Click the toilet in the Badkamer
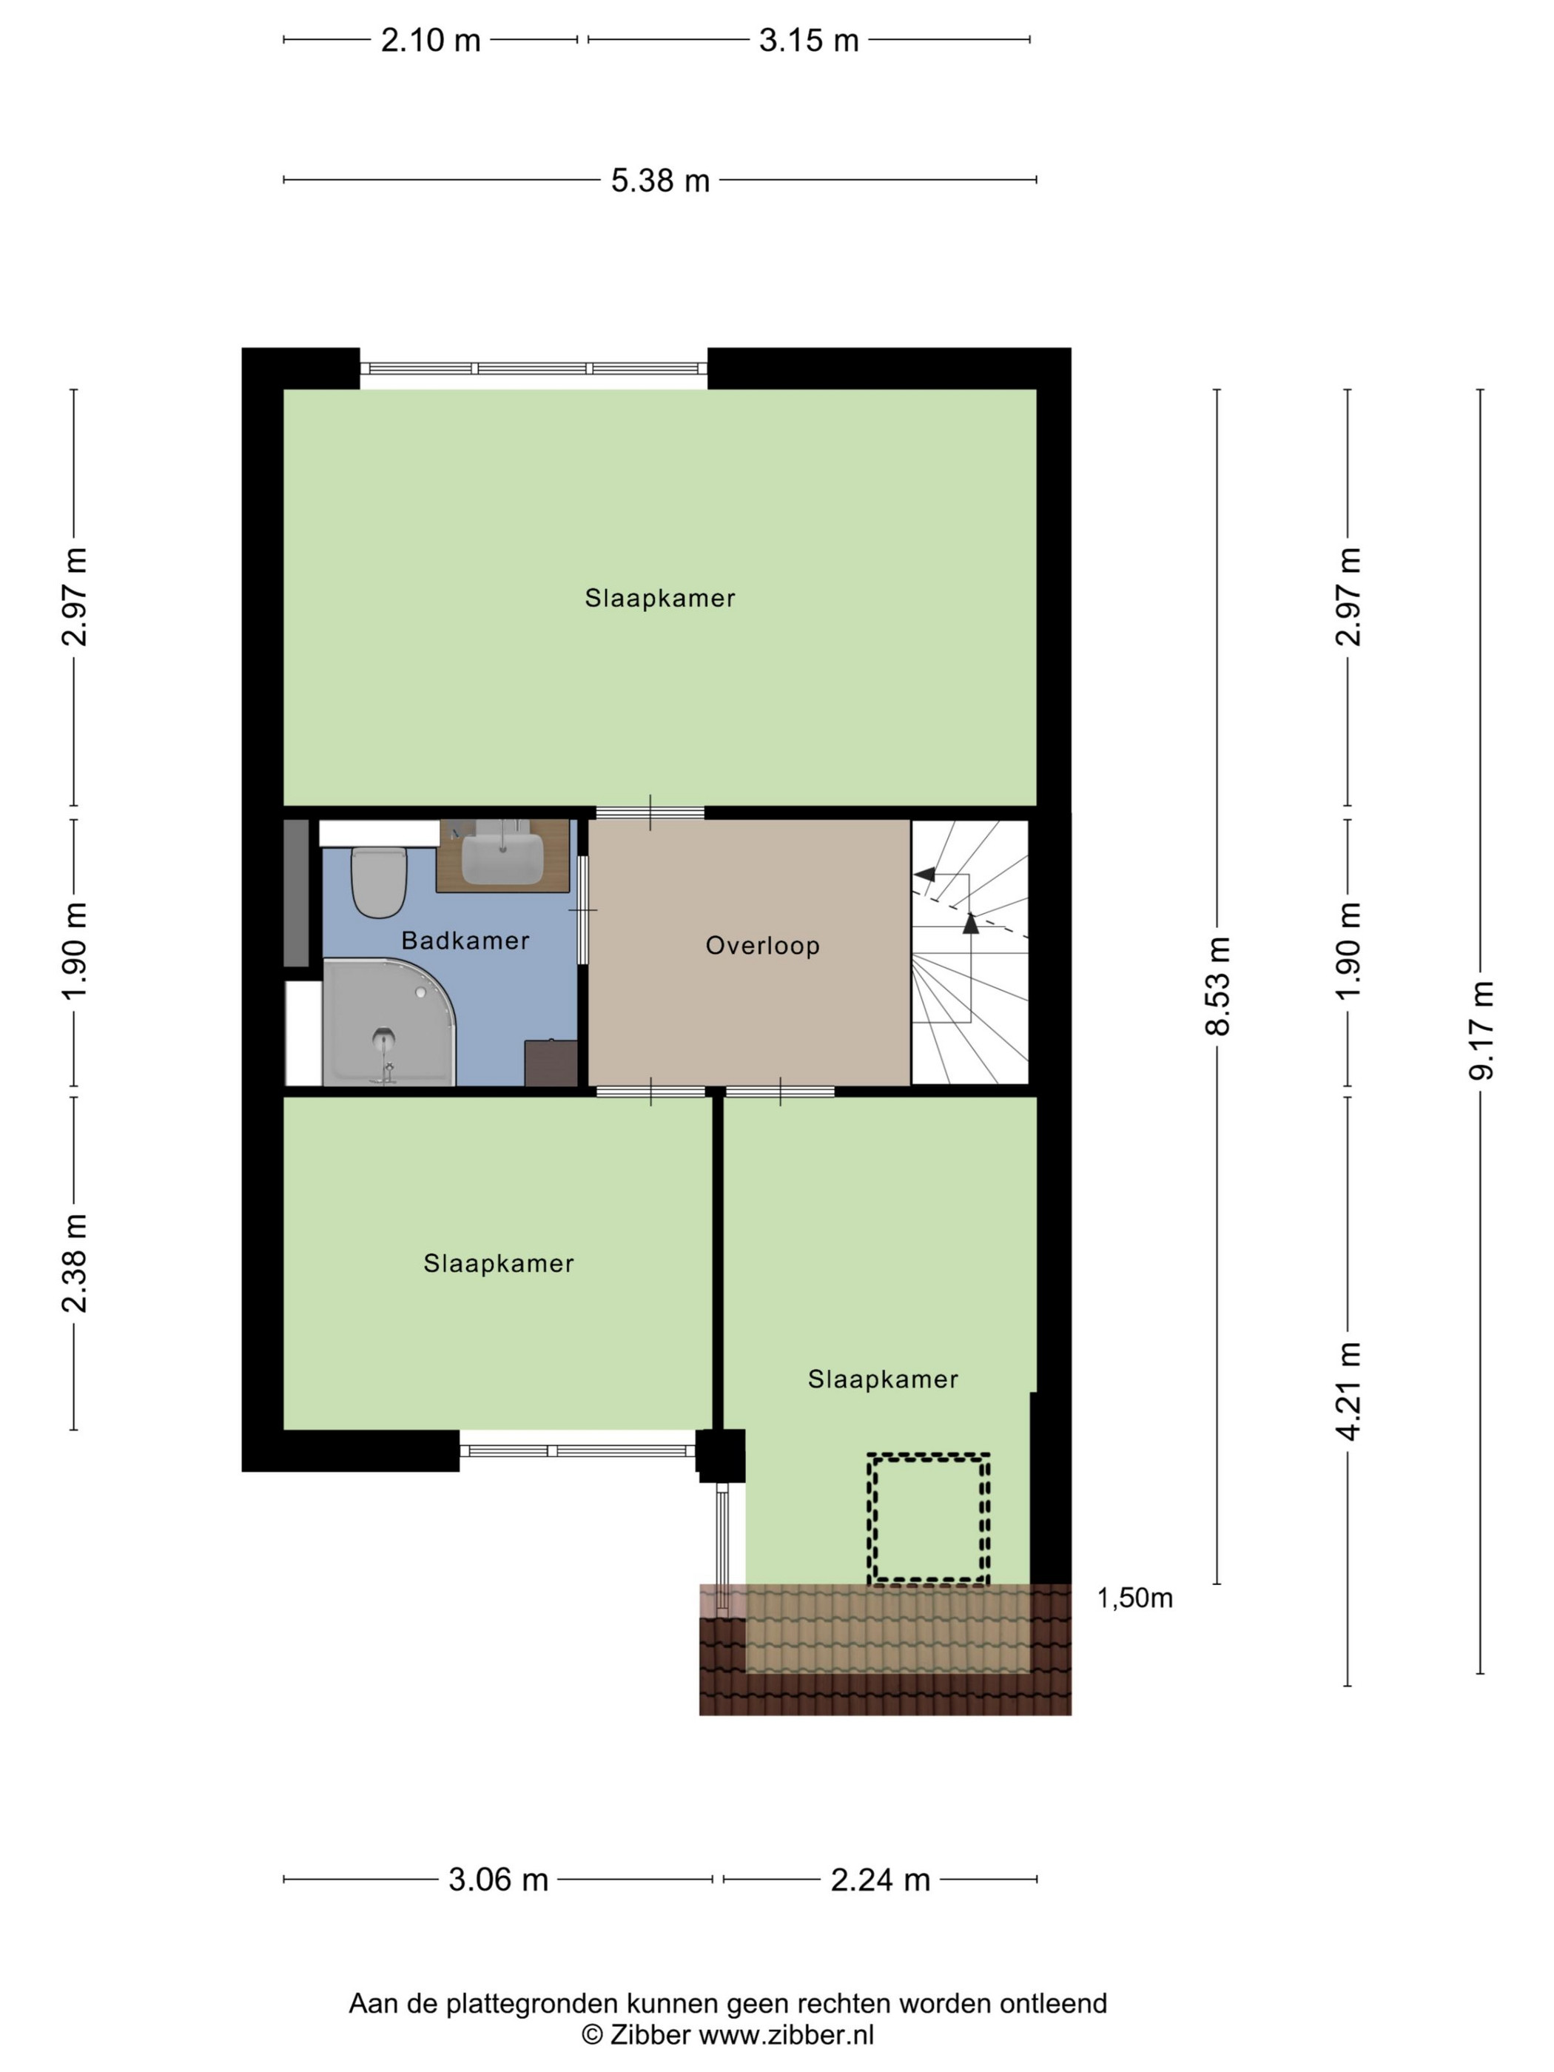coord(378,881)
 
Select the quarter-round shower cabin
coord(388,1022)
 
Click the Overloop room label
coord(762,946)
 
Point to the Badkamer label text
coord(465,941)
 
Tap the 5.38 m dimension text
coord(660,180)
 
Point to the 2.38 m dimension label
coord(74,1262)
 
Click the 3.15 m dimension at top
coord(808,40)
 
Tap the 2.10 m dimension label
coord(431,40)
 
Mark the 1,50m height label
coord(1134,1597)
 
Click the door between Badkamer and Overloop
coord(582,909)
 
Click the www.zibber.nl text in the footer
coord(787,2034)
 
